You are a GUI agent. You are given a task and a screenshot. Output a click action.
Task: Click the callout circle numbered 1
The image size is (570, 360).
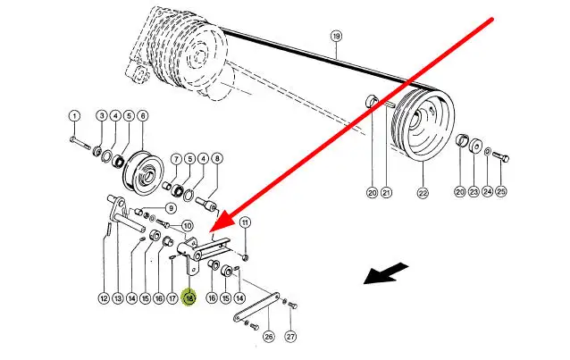point(74,115)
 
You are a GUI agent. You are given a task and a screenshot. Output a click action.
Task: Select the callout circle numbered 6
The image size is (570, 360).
point(143,115)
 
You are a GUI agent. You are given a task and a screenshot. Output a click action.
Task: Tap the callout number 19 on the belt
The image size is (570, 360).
point(336,37)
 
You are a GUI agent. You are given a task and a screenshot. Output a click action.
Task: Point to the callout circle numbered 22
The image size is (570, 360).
point(423,191)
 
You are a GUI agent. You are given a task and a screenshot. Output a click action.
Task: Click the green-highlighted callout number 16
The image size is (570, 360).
point(189,297)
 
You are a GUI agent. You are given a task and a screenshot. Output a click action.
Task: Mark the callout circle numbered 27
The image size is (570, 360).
point(290,337)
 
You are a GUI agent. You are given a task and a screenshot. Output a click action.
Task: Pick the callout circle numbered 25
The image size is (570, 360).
point(501,191)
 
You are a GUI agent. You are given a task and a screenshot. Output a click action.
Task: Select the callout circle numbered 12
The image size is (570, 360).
point(104,297)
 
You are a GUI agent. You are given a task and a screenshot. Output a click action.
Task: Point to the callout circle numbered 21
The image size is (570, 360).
point(386,191)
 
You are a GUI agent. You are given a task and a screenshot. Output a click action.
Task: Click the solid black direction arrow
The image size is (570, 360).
point(387,273)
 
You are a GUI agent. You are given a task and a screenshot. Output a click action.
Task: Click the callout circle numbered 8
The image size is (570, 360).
point(217,159)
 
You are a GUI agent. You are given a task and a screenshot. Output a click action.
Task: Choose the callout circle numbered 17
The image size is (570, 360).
point(172,297)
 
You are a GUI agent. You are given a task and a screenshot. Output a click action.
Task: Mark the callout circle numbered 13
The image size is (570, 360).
point(118,297)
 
